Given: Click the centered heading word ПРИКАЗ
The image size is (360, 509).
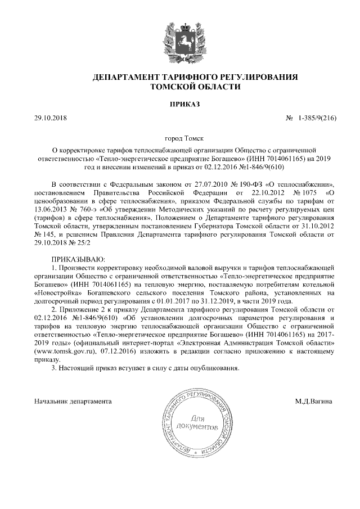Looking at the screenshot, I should click(x=180, y=104).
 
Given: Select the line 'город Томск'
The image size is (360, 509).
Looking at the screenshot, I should click(x=180, y=138).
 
